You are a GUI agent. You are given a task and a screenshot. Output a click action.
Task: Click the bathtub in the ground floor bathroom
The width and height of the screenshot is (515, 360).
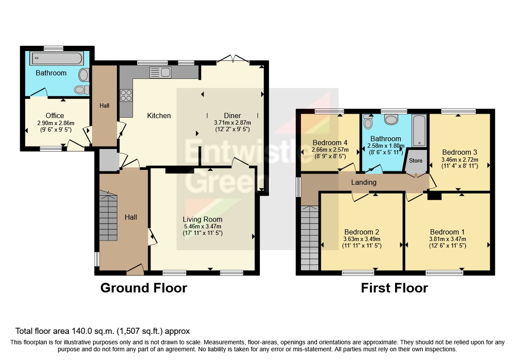pos(57,58)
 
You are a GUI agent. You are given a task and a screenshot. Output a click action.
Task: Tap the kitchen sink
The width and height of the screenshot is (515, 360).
pos(160,72)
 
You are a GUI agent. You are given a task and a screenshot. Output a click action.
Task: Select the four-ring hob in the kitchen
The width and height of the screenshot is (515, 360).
pos(126,95)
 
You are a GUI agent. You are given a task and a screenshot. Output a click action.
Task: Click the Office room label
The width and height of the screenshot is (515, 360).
pos(55,115)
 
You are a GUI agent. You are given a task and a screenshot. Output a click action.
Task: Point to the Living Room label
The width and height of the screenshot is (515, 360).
pos(203,219)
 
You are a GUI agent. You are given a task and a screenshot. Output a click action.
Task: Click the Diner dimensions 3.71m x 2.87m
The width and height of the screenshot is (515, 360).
pos(232,123)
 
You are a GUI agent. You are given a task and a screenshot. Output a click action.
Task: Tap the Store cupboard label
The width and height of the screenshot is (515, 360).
pos(416,160)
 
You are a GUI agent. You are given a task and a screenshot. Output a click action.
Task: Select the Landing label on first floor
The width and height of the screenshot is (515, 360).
pos(364,182)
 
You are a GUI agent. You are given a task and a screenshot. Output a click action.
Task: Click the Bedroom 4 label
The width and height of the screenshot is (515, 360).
pos(330,143)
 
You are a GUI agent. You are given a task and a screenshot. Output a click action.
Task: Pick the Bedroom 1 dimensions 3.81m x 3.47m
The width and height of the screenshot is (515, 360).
pos(447,239)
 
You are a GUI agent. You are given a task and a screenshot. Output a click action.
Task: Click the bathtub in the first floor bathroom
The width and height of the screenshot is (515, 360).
pos(419,131)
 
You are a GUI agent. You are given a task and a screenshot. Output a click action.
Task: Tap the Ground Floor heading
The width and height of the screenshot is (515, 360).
pos(143,288)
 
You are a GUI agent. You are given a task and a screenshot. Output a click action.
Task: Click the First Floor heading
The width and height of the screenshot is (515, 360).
pos(395,288)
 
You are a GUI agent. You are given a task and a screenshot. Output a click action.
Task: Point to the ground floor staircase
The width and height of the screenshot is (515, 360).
pos(108,216)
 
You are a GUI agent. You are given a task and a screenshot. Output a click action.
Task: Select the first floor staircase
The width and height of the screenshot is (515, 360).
pos(310,238)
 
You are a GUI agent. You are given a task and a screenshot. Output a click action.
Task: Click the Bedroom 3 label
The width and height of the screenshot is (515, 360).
pos(460,152)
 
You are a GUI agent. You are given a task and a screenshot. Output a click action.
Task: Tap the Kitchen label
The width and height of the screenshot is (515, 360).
pos(159,115)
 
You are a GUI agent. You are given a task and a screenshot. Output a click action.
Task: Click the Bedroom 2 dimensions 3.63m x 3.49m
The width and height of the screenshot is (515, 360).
pos(362,239)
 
